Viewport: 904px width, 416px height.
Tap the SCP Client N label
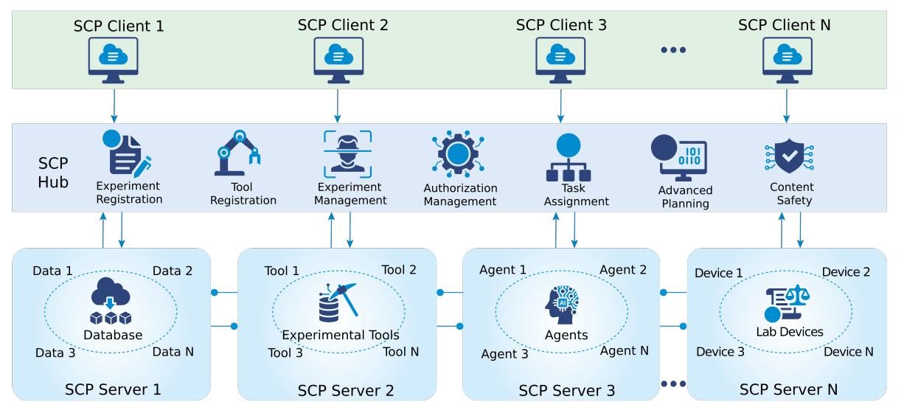click(x=784, y=25)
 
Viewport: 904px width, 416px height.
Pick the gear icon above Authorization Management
click(x=458, y=154)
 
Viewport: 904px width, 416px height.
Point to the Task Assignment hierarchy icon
click(x=568, y=158)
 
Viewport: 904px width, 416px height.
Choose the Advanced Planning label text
click(x=685, y=197)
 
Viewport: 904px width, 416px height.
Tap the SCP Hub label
click(x=53, y=173)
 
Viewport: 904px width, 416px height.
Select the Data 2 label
click(x=173, y=271)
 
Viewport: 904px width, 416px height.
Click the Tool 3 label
click(x=285, y=353)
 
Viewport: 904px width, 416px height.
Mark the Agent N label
click(x=624, y=350)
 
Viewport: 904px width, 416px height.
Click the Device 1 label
click(x=719, y=274)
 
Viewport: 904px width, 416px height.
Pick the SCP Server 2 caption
click(x=346, y=390)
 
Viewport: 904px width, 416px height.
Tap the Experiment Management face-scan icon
click(x=347, y=153)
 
